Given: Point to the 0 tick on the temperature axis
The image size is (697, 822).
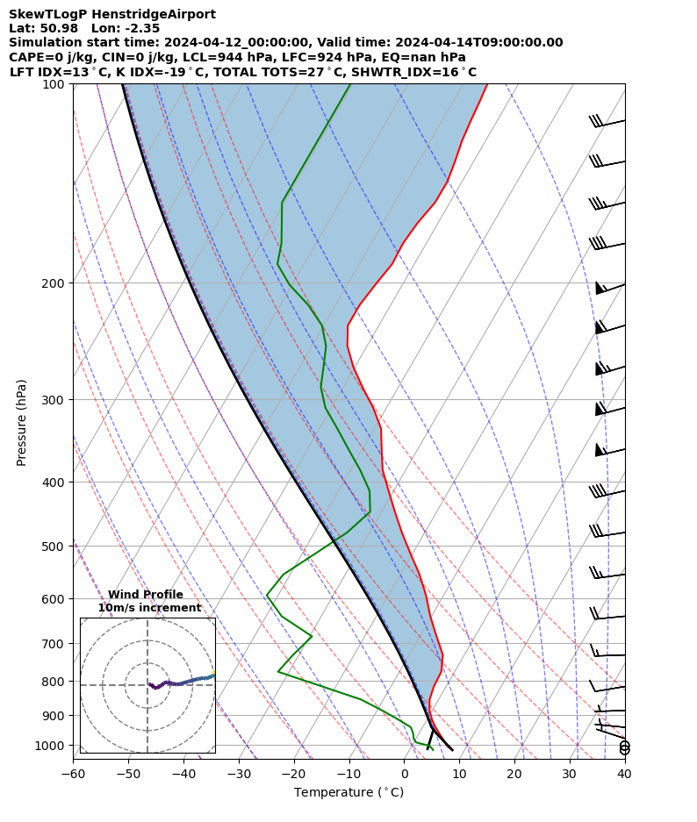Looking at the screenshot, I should (x=404, y=773).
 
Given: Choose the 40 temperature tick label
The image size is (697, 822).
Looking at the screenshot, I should (x=624, y=773).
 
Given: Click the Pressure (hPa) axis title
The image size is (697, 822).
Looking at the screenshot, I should (x=22, y=422).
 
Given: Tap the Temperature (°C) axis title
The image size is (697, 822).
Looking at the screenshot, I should (x=348, y=793).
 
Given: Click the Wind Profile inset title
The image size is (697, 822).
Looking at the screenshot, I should (x=146, y=595).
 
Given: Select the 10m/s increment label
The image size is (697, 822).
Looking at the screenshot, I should (x=149, y=608).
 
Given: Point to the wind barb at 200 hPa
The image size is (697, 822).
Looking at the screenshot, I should (x=610, y=287).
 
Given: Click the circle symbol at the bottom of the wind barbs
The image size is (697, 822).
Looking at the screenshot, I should (x=624, y=747).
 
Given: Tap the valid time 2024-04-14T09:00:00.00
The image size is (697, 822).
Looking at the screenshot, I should (x=479, y=42).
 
